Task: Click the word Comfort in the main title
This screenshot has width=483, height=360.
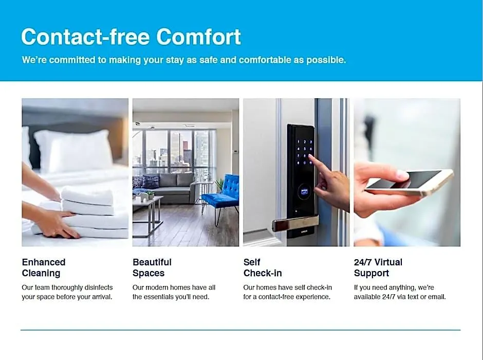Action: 199,37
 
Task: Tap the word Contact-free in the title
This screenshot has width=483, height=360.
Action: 85,37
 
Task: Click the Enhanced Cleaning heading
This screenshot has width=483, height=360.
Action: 44,267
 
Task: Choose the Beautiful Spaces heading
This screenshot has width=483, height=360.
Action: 152,267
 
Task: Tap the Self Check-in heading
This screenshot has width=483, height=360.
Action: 263,267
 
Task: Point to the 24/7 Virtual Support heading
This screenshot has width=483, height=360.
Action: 378,267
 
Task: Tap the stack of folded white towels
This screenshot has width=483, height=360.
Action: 92,213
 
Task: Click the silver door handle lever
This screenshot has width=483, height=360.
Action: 295,223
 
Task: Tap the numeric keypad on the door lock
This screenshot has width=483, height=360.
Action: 305,153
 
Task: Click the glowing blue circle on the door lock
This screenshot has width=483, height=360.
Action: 304,192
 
